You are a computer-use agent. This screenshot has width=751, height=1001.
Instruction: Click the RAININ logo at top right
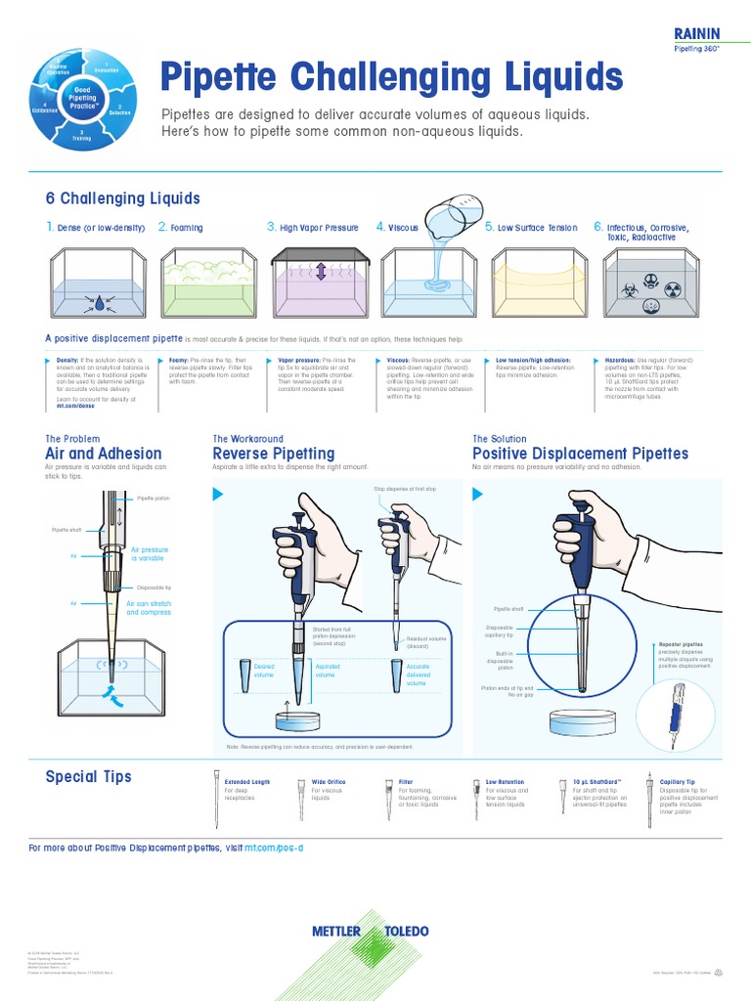coord(696,33)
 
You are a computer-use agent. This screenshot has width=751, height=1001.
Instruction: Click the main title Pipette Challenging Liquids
coord(390,75)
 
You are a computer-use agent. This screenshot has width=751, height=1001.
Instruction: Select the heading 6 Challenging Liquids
coord(123,198)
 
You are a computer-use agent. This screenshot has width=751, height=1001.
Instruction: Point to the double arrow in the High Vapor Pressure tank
coord(320,271)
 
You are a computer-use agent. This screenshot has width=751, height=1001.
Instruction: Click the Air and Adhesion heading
coord(104,454)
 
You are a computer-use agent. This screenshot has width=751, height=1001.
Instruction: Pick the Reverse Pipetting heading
coord(274,454)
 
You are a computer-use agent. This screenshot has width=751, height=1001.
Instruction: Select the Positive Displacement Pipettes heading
coord(580,454)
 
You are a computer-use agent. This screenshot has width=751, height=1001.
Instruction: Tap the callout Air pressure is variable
coord(150,554)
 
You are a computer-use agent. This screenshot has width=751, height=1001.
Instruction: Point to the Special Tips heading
coord(88,776)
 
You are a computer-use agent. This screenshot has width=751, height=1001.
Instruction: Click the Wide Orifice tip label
coord(328,782)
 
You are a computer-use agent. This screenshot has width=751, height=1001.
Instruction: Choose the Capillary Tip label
coord(678,782)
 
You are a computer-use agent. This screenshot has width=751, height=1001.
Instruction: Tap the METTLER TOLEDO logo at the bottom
coord(371,931)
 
